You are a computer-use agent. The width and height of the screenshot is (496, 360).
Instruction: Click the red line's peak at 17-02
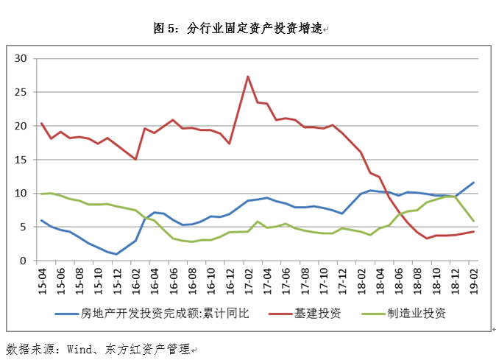coord(248,77)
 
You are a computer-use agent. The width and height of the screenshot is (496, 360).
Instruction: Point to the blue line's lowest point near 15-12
coord(116,254)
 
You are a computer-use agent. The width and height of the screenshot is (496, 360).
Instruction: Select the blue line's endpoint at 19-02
coord(473,183)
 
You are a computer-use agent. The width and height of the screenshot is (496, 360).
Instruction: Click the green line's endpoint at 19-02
coord(473,221)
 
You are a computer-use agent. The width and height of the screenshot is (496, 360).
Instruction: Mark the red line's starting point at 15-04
coord(41,123)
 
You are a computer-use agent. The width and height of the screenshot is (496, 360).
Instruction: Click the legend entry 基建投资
coord(317,313)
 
